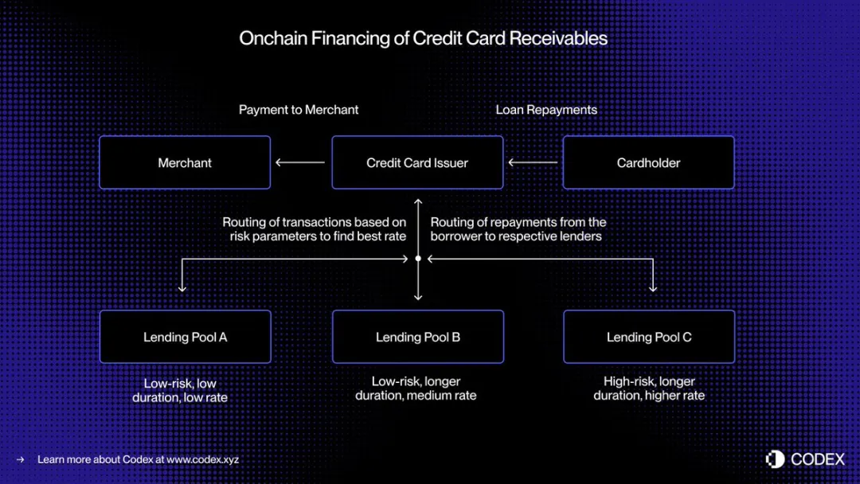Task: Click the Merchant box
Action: coord(185,162)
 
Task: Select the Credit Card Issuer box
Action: coord(417,162)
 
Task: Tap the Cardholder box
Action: coord(648,162)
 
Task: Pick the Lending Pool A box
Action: coord(186,337)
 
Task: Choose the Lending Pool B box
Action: coord(418,337)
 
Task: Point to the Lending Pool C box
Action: coord(649,337)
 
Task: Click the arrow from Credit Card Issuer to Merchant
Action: coord(300,162)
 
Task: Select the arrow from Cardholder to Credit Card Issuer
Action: coord(533,162)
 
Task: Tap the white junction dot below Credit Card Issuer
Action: coord(418,258)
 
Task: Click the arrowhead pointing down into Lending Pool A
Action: coord(182,288)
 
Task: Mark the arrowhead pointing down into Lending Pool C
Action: coord(653,288)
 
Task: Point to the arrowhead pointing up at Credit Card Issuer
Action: coord(418,201)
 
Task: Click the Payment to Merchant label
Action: coord(299,110)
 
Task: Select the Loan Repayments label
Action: coord(546,110)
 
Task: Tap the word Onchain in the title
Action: coord(273,38)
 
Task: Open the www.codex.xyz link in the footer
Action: coord(202,459)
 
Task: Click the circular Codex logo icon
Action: coord(775,459)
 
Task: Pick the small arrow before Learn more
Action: coord(20,459)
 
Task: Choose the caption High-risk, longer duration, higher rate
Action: coord(649,388)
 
